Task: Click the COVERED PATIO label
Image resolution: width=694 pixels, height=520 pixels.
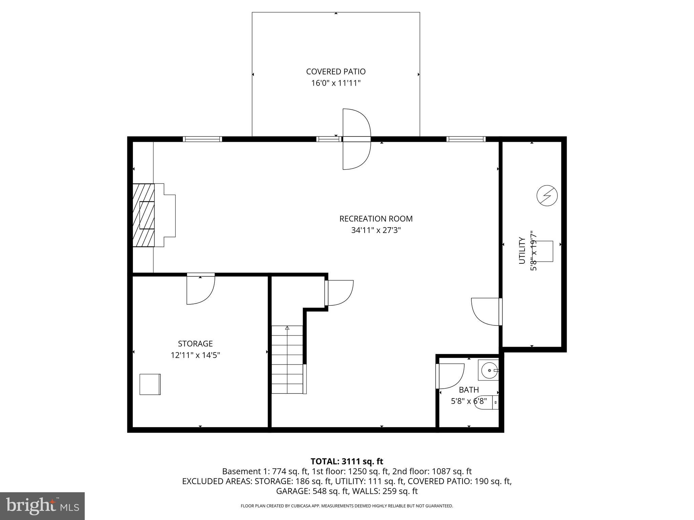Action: (x=335, y=72)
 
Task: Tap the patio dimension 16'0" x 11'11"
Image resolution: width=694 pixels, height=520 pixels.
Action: (x=335, y=83)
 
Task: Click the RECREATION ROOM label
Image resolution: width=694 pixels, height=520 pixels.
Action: (x=376, y=219)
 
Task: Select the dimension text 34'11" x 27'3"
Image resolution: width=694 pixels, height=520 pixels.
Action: (x=376, y=231)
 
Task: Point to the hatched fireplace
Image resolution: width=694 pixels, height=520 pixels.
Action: (x=143, y=215)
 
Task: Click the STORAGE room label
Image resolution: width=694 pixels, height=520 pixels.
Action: (x=195, y=344)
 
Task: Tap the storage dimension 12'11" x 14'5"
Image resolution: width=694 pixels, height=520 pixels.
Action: (x=195, y=355)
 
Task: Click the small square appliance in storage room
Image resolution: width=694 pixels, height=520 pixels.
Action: (x=150, y=384)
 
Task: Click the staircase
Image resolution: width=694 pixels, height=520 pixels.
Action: (x=287, y=360)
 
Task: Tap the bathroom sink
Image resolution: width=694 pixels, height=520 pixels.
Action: (x=489, y=370)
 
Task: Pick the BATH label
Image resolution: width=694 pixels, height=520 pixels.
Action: (x=469, y=390)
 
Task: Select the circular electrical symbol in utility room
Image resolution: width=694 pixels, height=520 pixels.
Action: (x=547, y=195)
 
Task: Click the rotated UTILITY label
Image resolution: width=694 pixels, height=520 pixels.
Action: (x=522, y=251)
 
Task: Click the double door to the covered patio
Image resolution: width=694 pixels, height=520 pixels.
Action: (x=356, y=139)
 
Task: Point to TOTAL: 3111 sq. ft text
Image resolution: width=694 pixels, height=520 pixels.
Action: (x=347, y=461)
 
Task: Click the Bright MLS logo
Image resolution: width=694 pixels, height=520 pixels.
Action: (x=42, y=506)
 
